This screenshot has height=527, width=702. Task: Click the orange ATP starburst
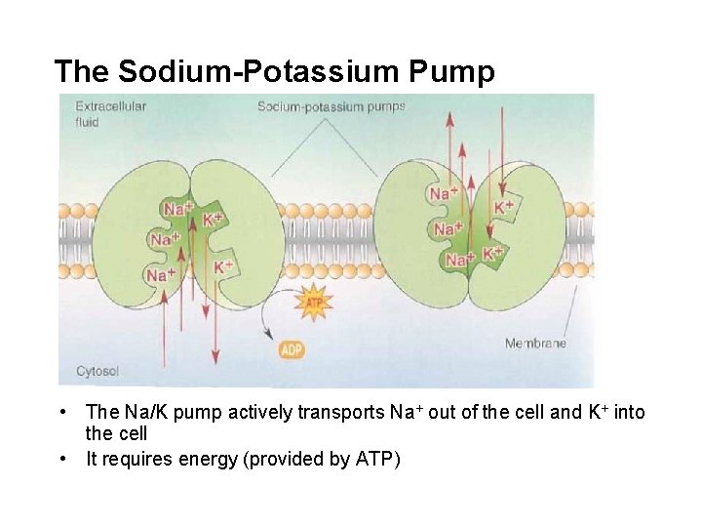click(x=314, y=303)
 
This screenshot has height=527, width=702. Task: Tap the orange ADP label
click(x=292, y=348)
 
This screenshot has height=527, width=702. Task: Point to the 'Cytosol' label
click(x=98, y=371)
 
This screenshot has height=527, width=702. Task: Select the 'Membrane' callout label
click(x=535, y=343)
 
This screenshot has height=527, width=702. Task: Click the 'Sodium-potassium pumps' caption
click(x=331, y=106)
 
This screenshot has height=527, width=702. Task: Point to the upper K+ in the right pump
click(x=504, y=207)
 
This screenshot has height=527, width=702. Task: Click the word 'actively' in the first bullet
click(x=260, y=413)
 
